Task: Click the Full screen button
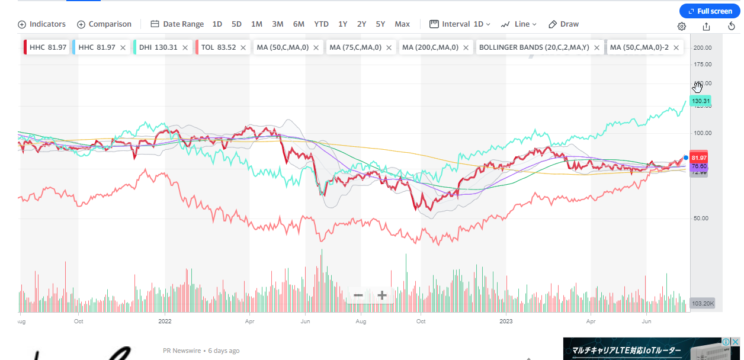709,11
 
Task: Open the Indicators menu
41,24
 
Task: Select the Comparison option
104,24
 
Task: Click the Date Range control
177,24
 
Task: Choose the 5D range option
236,24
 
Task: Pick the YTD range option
321,24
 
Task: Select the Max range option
402,24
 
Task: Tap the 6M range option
299,24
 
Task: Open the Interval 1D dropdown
460,24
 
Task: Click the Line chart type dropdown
518,24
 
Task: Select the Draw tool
563,24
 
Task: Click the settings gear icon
682,26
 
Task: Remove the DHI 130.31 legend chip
185,47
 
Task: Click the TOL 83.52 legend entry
219,47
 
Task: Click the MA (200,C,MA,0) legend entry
430,47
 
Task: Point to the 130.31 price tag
700,101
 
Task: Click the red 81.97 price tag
699,158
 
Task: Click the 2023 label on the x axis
506,321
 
